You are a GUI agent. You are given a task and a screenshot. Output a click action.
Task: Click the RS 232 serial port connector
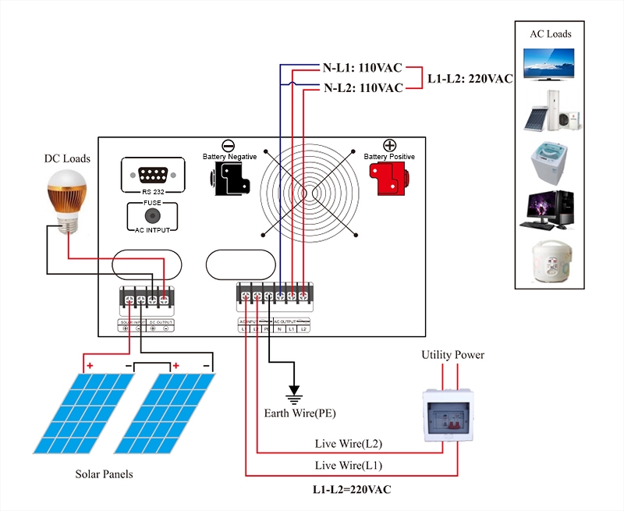pyautogui.click(x=153, y=172)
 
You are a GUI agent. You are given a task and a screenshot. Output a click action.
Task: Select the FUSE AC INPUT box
pyautogui.click(x=151, y=216)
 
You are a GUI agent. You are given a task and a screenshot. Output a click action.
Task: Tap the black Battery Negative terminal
pyautogui.click(x=228, y=180)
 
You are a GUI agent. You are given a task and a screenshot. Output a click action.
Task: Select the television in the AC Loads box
pyautogui.click(x=550, y=64)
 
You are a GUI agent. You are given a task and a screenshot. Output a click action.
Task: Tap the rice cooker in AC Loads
pyautogui.click(x=551, y=261)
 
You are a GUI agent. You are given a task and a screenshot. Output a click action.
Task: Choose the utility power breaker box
pyautogui.click(x=449, y=414)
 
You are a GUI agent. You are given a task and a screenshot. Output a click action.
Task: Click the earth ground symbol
pyautogui.click(x=294, y=390)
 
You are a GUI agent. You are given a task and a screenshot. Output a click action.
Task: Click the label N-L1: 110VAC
pyautogui.click(x=363, y=67)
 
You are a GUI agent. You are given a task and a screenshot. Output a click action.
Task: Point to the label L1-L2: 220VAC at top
pyautogui.click(x=469, y=78)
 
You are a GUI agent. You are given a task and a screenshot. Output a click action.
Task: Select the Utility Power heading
pyautogui.click(x=452, y=355)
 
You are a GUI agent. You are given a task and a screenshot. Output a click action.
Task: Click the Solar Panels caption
pyautogui.click(x=104, y=474)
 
